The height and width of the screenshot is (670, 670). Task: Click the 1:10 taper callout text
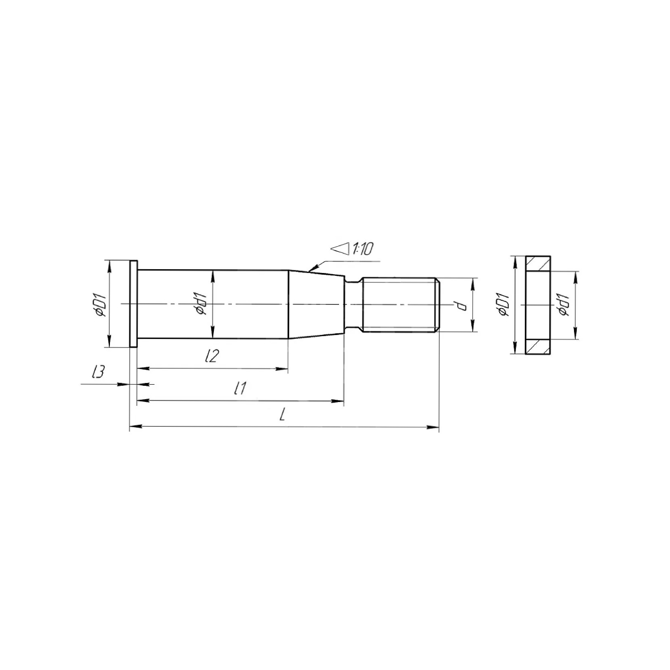click(362, 249)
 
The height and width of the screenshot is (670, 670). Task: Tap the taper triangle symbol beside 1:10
click(341, 249)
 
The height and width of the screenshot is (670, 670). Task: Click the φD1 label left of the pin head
click(101, 304)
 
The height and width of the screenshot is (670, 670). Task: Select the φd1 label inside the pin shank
click(202, 304)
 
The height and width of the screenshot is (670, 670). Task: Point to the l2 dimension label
click(212, 355)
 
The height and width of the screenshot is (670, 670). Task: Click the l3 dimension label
click(98, 372)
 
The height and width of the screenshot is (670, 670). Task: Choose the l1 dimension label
click(240, 388)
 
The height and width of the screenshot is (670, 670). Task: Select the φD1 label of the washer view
click(503, 305)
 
